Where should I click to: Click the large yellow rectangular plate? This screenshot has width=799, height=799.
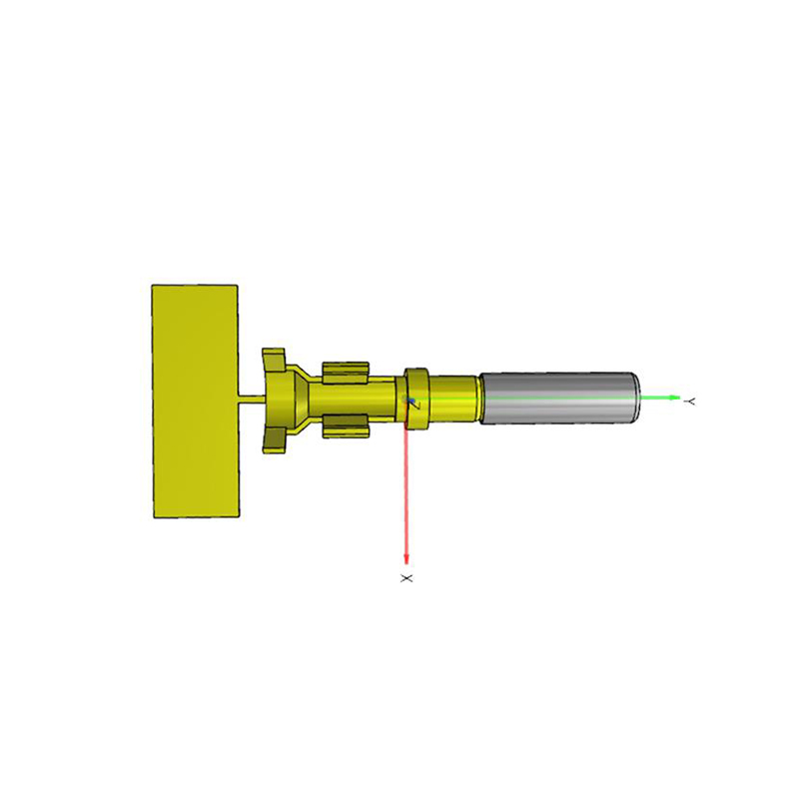click(196, 400)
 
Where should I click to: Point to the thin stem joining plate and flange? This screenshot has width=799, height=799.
click(252, 399)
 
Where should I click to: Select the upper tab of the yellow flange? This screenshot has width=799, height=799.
click(274, 358)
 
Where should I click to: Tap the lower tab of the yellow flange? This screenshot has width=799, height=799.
click(274, 440)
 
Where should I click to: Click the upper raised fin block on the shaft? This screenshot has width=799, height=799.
click(346, 373)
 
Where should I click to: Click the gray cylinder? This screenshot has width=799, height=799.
click(557, 398)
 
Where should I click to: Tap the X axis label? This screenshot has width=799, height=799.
click(405, 578)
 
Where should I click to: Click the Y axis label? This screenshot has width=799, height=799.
click(690, 400)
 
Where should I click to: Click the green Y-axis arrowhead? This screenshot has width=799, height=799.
click(675, 398)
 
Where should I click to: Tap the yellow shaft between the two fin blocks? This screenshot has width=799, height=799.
click(345, 399)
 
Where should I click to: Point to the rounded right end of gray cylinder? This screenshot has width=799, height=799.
click(635, 398)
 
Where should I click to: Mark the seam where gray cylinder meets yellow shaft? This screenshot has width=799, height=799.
click(480, 398)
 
